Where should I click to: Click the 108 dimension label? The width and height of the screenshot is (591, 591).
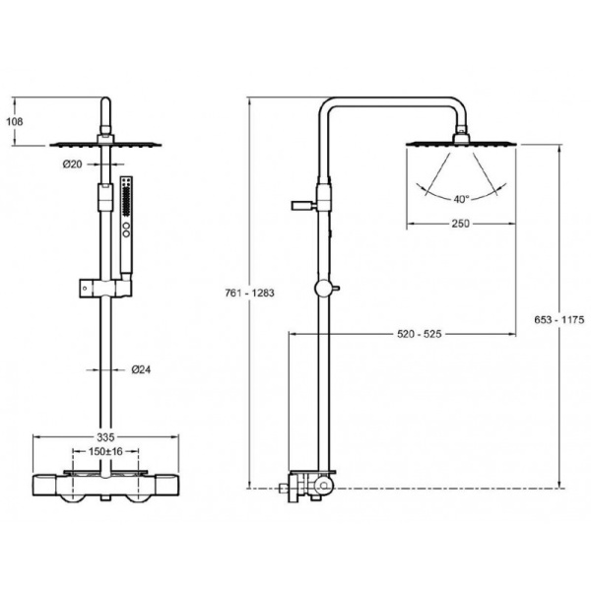pyautogui.click(x=14, y=121)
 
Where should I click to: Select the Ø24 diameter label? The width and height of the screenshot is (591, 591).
pyautogui.click(x=141, y=370)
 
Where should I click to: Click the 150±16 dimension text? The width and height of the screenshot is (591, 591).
pyautogui.click(x=107, y=450)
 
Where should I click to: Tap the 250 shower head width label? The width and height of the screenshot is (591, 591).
pyautogui.click(x=460, y=224)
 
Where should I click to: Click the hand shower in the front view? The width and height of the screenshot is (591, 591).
pyautogui.click(x=125, y=222)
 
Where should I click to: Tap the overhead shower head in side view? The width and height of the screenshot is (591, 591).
pyautogui.click(x=460, y=144)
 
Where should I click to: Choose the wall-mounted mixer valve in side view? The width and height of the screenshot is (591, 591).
pyautogui.click(x=307, y=485)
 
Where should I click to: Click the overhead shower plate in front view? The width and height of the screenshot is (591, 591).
pyautogui.click(x=104, y=144)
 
